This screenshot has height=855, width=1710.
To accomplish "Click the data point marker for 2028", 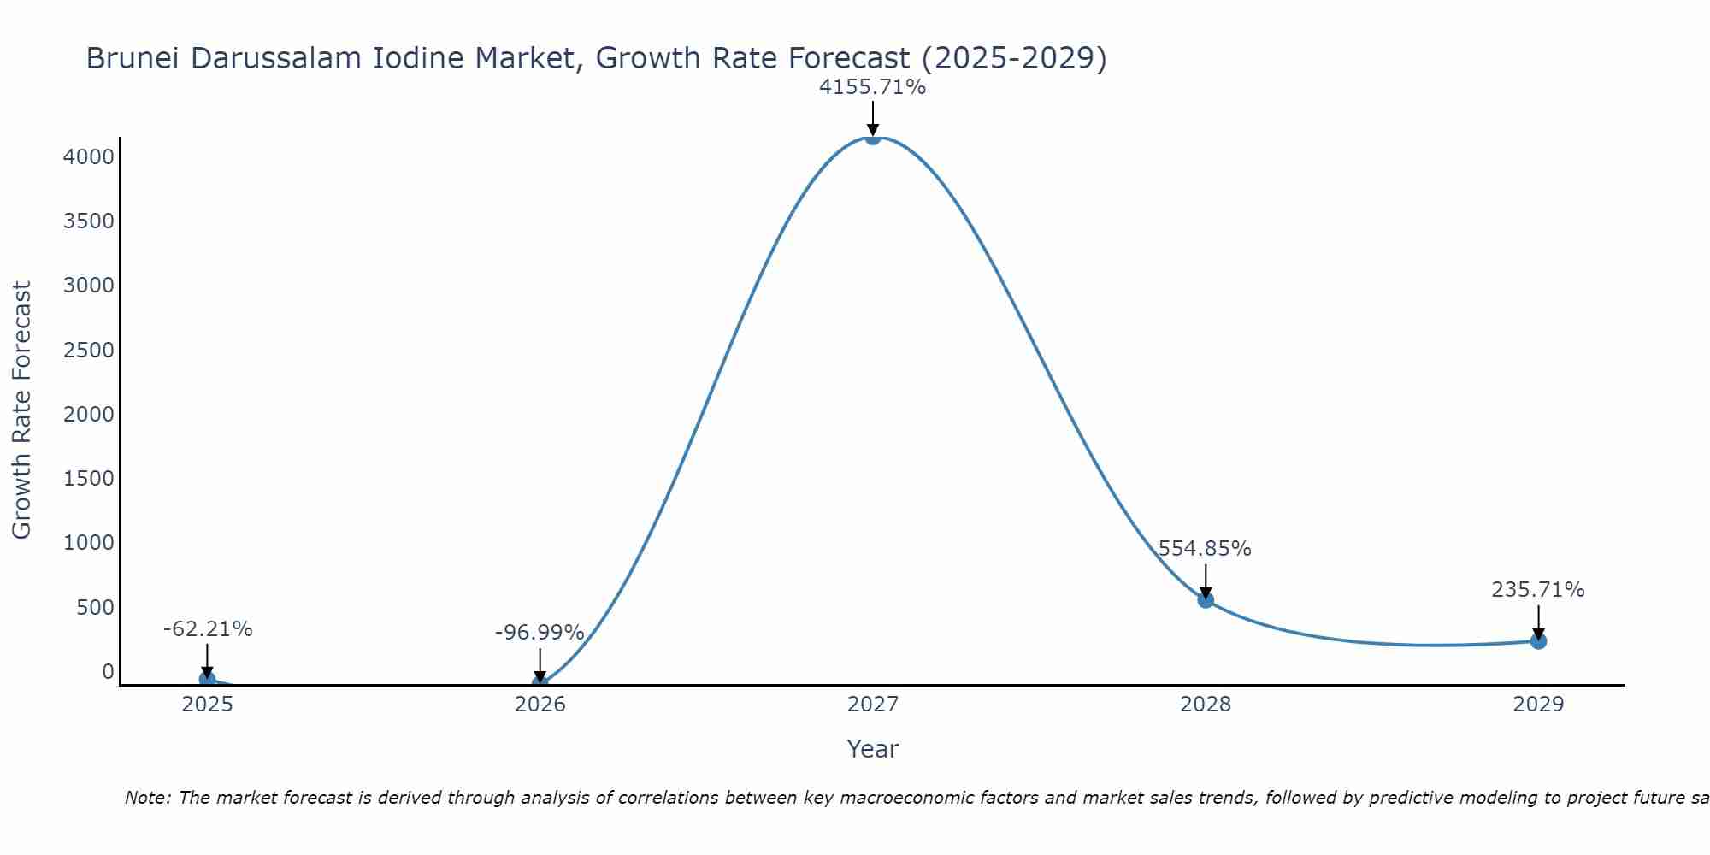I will pos(1206,600).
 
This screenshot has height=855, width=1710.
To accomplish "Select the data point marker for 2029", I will pos(1538,641).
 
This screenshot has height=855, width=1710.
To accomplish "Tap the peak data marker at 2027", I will pos(872,137).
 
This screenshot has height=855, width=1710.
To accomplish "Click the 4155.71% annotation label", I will pos(872,87).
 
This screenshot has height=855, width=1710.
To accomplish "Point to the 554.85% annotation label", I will pos(1205,549).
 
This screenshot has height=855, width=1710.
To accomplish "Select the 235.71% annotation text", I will pos(1537,590).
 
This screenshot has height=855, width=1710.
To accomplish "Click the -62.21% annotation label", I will pos(208,629).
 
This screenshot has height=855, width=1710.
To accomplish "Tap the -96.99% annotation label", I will pos(540,633).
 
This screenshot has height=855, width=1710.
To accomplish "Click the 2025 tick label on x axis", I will pos(207,705).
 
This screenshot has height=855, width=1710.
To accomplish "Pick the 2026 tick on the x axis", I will pos(540,705).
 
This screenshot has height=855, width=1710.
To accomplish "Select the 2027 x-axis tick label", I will pos(872,705).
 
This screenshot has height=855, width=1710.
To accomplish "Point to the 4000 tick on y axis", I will pos(89,157).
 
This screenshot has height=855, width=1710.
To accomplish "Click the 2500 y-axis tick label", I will pos(89,351).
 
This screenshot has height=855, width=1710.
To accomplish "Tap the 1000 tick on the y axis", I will pos(89,543).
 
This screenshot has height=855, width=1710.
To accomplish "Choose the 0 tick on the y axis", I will pos(108,672).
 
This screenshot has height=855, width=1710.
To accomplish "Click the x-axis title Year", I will pos(872,749).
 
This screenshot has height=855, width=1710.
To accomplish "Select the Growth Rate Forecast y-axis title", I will pos(22,410).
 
